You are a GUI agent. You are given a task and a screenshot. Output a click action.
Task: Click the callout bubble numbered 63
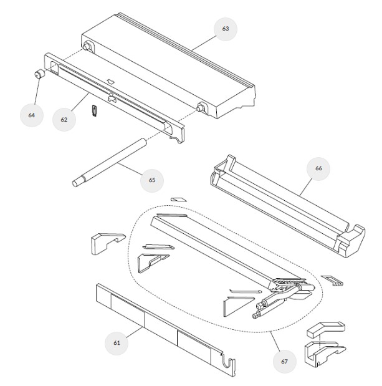click(226, 29)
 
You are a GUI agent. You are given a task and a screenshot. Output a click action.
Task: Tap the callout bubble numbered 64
click(32, 115)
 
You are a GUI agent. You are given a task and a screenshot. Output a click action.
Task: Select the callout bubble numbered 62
click(64, 120)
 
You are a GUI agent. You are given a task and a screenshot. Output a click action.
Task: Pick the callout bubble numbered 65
click(152, 180)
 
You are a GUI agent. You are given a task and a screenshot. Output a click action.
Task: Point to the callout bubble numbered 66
click(318, 168)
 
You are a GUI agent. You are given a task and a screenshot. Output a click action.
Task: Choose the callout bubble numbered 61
click(117, 343)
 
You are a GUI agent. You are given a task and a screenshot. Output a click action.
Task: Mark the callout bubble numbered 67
click(284, 362)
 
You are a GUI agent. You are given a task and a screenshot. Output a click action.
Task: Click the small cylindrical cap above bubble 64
click(40, 74)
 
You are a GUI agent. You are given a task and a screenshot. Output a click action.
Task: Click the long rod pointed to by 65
click(110, 163)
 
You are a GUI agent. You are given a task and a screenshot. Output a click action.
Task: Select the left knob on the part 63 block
click(87, 47)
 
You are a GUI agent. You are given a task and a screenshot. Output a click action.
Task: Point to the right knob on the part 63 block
click(200, 108)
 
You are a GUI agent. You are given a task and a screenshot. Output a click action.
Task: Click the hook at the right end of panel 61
click(229, 362)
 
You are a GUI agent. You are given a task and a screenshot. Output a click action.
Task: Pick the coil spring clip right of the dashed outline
click(332, 281)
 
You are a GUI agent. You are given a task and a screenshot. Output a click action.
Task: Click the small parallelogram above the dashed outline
click(179, 199)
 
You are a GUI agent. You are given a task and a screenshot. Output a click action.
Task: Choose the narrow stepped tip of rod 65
click(79, 182)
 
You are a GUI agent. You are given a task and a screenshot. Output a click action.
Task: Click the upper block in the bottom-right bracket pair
click(326, 329)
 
